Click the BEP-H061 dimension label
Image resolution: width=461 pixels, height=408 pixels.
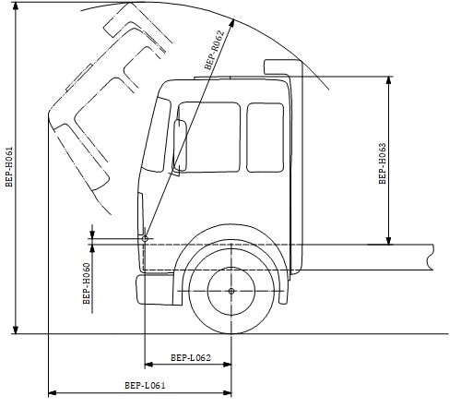pos(9,166)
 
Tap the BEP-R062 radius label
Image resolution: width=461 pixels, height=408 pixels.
pos(215,50)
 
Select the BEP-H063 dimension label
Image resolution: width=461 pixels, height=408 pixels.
pos(382,163)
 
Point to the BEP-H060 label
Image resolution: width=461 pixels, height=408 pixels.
pos(87,283)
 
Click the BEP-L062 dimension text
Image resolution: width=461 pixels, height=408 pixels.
pos(191,357)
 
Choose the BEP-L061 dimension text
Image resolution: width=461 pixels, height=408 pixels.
pos(145,385)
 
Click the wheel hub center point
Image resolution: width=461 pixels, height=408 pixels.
pos(231,291)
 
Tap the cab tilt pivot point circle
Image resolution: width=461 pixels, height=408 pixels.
pos(145,238)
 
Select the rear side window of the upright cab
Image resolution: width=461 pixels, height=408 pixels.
pos(266,138)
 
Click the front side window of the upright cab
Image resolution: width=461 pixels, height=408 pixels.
pos(209,138)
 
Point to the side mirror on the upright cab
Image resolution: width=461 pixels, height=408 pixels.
pos(180,146)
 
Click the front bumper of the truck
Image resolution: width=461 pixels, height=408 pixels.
pos(155,290)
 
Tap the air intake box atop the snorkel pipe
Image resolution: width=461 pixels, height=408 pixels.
pos(283,66)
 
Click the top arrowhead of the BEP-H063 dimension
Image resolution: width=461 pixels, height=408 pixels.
pos(389,80)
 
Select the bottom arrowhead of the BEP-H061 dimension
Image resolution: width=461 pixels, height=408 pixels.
pos(16,330)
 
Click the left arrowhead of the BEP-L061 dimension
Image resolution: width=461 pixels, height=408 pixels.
pos(53,393)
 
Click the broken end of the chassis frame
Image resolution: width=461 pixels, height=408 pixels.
pos(431,258)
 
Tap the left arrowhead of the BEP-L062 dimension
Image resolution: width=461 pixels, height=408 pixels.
pos(148,365)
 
